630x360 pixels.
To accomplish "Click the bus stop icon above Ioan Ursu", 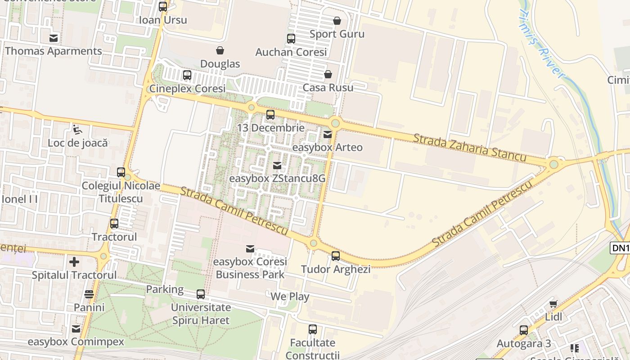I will (163, 7).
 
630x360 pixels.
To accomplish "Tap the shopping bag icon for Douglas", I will (220, 50).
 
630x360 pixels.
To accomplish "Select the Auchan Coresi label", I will (291, 52).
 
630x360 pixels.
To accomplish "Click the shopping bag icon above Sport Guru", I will (337, 21).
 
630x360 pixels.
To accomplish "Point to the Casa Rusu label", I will (328, 87).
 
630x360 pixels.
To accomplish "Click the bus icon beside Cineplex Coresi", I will (187, 75).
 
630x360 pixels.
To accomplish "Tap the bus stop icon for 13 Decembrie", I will (270, 115).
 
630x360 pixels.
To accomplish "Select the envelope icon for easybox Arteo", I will (328, 134).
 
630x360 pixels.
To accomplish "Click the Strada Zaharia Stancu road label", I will (470, 148).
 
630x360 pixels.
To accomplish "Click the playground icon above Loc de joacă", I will (78, 130).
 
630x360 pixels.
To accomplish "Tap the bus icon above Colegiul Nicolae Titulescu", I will (121, 172).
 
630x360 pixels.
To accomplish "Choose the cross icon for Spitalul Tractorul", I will (74, 261).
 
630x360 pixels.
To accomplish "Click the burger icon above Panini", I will (89, 294).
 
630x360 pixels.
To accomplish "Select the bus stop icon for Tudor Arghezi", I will (336, 256).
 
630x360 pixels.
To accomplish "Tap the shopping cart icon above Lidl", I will (553, 304).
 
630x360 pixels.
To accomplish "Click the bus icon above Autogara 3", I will (524, 330).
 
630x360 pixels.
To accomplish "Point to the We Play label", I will (290, 297).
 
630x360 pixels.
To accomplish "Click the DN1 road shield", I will (620, 248).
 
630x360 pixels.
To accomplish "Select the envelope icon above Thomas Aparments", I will (54, 38).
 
